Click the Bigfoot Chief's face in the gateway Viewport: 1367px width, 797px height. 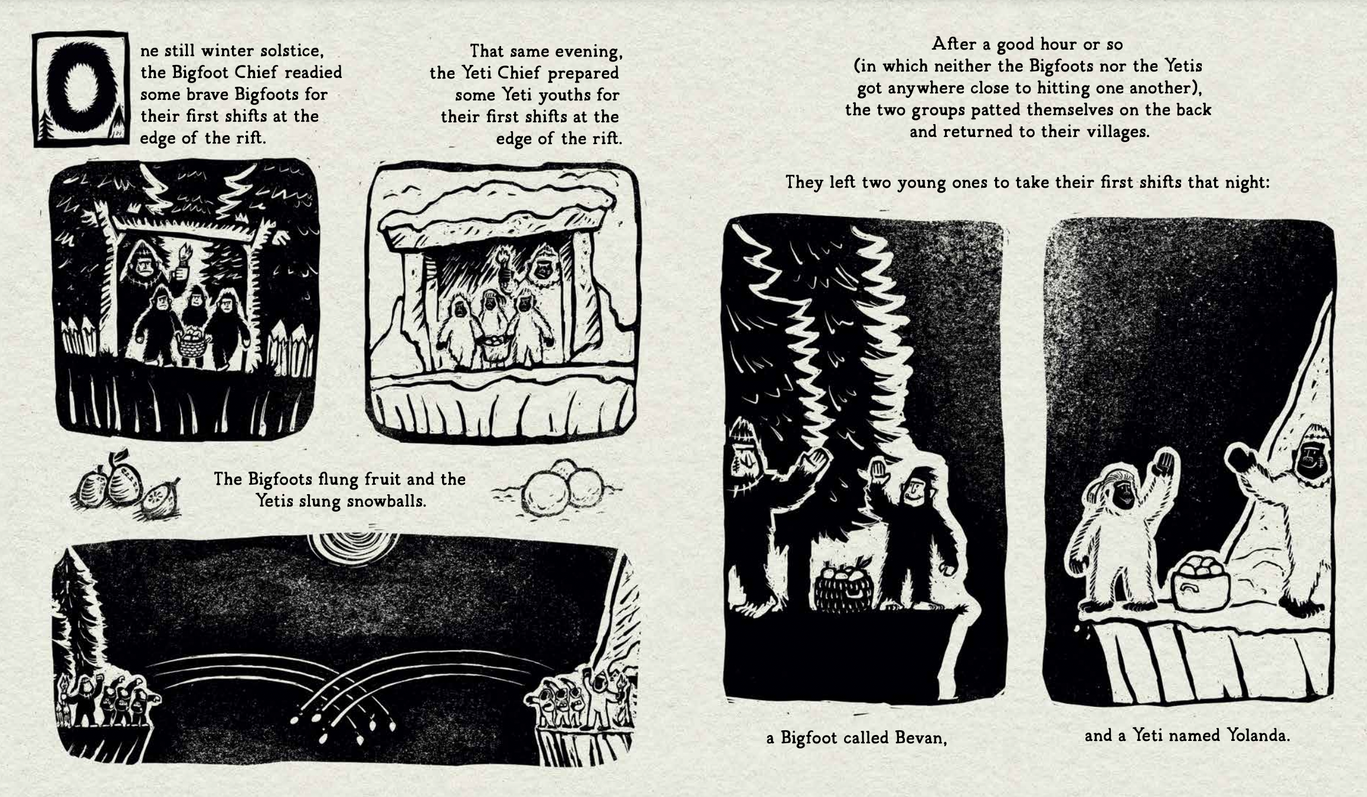[x=143, y=267]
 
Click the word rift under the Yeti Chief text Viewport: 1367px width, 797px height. [x=606, y=139]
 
